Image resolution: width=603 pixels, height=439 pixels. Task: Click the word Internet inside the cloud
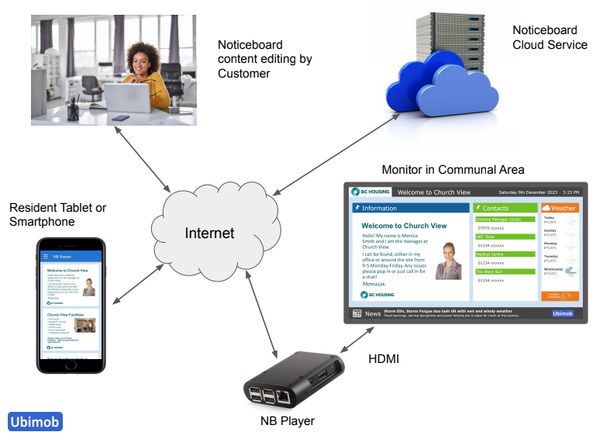click(x=209, y=233)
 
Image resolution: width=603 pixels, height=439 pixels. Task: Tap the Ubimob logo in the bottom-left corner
click(x=35, y=421)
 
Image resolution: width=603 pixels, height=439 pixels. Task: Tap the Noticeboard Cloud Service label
click(x=550, y=37)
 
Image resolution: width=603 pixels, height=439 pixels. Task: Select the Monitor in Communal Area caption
click(x=453, y=169)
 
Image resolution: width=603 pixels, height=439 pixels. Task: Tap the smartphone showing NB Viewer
click(x=71, y=306)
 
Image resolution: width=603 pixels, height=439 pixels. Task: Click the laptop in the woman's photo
click(x=127, y=99)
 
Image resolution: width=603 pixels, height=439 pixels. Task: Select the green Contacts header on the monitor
click(x=505, y=208)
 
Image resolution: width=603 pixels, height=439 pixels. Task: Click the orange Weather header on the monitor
click(x=560, y=208)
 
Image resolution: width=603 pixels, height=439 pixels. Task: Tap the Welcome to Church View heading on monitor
click(x=405, y=226)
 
